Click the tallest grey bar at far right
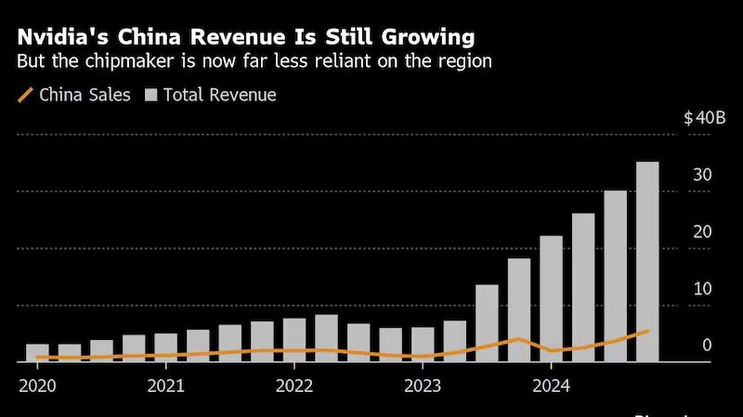(x=647, y=261)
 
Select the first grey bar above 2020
(x=37, y=352)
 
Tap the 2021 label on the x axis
(x=165, y=385)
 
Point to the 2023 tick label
(x=423, y=385)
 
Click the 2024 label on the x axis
(x=551, y=385)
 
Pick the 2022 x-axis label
(x=294, y=385)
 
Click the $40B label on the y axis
(x=697, y=119)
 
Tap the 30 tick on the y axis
(x=703, y=176)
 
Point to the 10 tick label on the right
(x=703, y=289)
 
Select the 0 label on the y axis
(x=708, y=345)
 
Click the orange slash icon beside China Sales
(x=25, y=94)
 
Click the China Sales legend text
(x=85, y=95)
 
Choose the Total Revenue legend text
(x=219, y=95)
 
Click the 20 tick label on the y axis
(x=703, y=232)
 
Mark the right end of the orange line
(x=647, y=331)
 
